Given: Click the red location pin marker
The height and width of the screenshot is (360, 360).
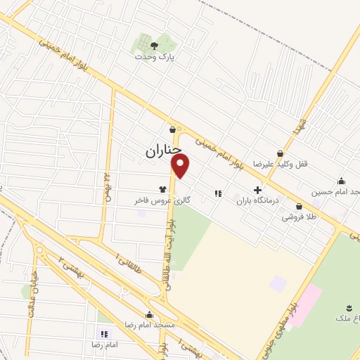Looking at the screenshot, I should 181,166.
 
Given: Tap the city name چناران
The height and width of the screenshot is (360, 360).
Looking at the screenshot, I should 164,150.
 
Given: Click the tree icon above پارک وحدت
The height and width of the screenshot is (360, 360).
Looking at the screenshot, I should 154,46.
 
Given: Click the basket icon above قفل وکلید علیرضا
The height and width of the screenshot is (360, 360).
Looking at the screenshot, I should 280,153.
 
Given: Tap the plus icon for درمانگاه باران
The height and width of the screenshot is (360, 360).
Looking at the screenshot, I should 257,190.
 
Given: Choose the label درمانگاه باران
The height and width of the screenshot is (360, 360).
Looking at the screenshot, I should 257,200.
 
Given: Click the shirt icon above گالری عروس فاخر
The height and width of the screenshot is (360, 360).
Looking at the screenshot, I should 162,189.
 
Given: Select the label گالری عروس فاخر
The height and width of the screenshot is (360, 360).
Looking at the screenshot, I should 162,200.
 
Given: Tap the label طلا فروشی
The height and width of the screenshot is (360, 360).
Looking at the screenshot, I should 300,217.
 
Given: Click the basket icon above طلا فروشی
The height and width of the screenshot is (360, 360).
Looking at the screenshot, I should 300,207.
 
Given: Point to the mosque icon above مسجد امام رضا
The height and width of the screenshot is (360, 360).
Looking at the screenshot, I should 149,315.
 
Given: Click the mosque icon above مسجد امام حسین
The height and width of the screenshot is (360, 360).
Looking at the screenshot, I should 342,181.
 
